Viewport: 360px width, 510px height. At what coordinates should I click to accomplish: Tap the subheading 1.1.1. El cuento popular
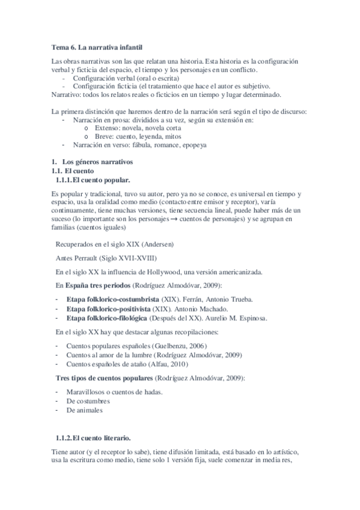click(93, 180)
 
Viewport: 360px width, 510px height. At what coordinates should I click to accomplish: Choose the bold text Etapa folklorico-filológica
click(107, 318)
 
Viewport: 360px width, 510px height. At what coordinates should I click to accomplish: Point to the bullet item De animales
click(84, 410)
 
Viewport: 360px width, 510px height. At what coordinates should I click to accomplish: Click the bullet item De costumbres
click(88, 401)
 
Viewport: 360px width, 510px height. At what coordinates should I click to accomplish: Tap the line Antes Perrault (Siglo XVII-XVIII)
click(106, 258)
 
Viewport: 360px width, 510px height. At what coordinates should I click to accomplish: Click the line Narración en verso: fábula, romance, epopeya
click(139, 145)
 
